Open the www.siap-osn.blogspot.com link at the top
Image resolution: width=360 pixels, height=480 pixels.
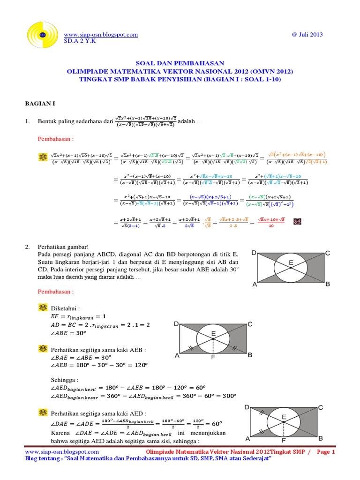click(100, 34)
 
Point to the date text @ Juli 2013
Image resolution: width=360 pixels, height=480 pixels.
click(307, 34)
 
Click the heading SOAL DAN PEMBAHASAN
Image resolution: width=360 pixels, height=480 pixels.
click(180, 63)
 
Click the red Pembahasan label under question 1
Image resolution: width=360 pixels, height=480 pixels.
click(55, 139)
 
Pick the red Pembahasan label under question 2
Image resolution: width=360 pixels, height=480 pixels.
click(55, 291)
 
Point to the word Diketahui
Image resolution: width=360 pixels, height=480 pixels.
click(65, 309)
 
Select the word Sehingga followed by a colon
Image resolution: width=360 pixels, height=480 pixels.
click(65, 379)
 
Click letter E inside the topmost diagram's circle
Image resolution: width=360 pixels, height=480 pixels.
click(291, 263)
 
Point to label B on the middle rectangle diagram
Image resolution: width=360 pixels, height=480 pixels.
click(250, 355)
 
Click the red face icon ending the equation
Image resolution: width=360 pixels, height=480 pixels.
click(297, 222)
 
